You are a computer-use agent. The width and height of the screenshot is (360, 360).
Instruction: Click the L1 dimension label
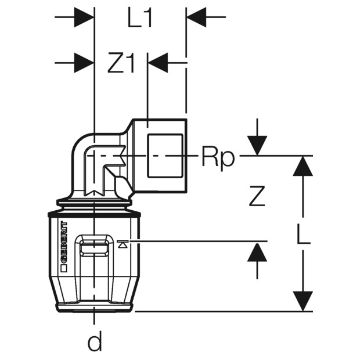pyautogui.click(x=139, y=17)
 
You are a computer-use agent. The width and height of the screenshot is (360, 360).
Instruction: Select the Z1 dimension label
pyautogui.click(x=121, y=63)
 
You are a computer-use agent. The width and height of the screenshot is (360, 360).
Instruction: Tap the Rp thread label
pyautogui.click(x=218, y=159)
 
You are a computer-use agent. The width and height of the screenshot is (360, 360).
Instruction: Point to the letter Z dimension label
pyautogui.click(x=257, y=196)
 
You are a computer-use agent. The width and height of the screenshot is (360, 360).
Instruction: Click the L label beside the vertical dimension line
pyautogui.click(x=304, y=233)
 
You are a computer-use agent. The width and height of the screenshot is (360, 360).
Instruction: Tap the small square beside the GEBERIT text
pyautogui.click(x=64, y=269)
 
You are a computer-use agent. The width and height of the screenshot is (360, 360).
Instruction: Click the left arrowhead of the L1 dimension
pyautogui.click(x=84, y=17)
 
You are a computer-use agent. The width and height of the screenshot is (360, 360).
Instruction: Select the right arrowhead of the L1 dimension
pyautogui.click(x=196, y=17)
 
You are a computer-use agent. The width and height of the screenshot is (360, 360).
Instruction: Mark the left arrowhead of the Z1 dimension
pyautogui.click(x=84, y=63)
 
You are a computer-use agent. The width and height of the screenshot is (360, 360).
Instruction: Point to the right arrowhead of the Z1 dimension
pyautogui.click(x=158, y=63)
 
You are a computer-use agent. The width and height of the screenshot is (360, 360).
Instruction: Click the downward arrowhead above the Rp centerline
pyautogui.click(x=257, y=146)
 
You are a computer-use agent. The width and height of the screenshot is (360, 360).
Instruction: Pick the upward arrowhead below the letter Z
pyautogui.click(x=257, y=252)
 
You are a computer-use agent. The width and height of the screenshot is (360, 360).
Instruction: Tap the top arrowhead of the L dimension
pyautogui.click(x=303, y=166)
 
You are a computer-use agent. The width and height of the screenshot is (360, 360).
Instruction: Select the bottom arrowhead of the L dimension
pyautogui.click(x=303, y=301)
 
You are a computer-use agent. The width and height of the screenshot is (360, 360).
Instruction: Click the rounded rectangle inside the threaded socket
pyautogui.click(x=165, y=156)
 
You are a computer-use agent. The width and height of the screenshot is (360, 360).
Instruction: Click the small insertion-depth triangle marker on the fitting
pyautogui.click(x=123, y=244)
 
